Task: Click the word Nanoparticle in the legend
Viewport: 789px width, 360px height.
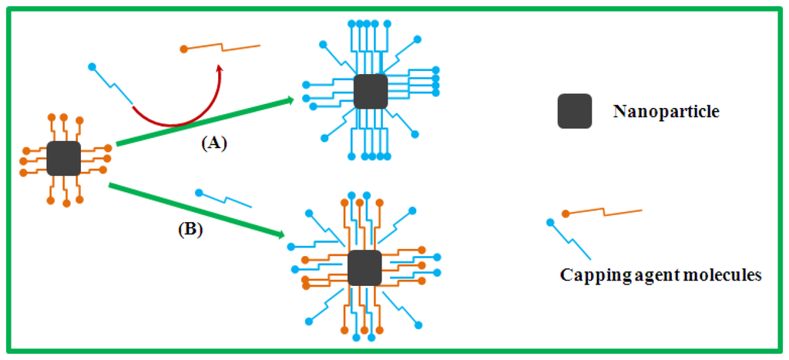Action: tap(666, 112)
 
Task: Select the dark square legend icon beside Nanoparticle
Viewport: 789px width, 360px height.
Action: tap(574, 111)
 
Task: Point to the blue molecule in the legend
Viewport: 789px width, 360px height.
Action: tap(570, 240)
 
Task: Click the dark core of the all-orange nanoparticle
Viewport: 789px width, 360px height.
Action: tap(63, 158)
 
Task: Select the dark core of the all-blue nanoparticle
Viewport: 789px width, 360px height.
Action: tap(371, 92)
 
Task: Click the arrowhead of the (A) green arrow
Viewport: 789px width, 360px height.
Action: tap(290, 99)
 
